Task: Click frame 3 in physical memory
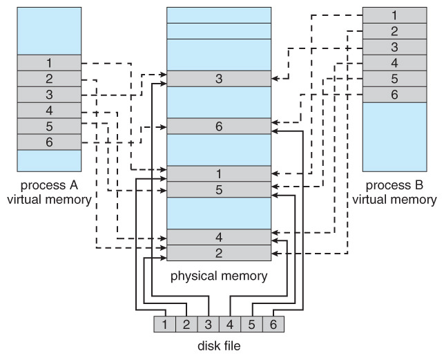click(x=218, y=79)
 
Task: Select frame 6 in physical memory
click(x=218, y=126)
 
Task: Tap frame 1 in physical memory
click(x=218, y=174)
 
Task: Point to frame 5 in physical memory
click(x=218, y=190)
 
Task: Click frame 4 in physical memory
click(x=218, y=237)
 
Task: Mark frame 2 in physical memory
click(x=218, y=253)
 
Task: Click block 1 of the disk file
click(x=164, y=323)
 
